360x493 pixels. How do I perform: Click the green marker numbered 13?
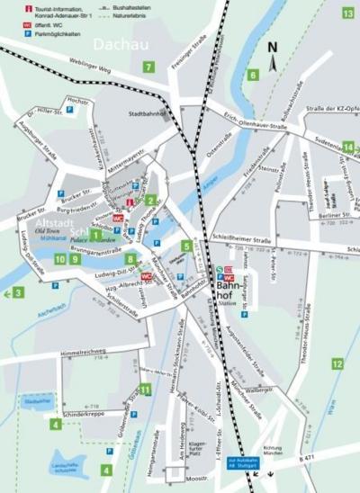tap(347, 13)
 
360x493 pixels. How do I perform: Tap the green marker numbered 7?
tap(148, 67)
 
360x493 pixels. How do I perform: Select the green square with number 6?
tap(253, 75)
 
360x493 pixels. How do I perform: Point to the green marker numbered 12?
tap(337, 363)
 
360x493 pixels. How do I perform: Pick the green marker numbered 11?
tap(145, 390)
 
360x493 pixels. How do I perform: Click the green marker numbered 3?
tap(18, 292)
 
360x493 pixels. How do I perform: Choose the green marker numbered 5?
tap(186, 246)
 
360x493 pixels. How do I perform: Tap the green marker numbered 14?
tap(347, 147)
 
